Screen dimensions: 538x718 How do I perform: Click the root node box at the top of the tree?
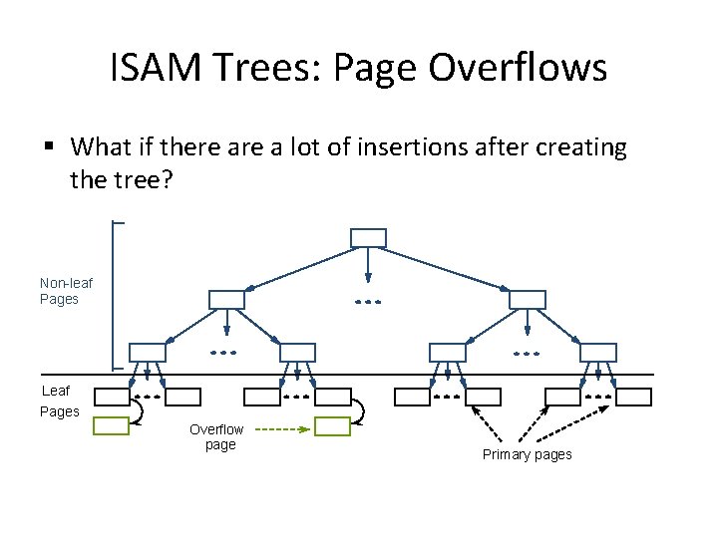tap(368, 237)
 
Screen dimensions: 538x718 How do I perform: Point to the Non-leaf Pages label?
tap(66, 291)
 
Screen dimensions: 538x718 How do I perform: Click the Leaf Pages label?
tap(60, 402)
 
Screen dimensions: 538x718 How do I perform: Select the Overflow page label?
tap(216, 437)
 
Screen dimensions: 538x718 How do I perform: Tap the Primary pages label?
tap(527, 454)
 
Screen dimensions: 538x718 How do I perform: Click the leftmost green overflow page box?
tap(112, 426)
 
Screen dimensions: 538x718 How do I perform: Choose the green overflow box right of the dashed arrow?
tap(332, 426)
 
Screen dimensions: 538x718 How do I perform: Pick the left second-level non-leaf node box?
tap(226, 299)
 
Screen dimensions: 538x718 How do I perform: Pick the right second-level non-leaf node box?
tap(528, 299)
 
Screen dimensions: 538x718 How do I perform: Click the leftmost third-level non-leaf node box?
tap(148, 352)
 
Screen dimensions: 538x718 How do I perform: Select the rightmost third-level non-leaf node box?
tap(597, 352)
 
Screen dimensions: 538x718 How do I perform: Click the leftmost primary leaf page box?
tap(112, 397)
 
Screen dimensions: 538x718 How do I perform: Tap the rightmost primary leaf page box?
tap(632, 397)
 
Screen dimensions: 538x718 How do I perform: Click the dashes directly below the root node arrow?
tap(368, 301)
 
